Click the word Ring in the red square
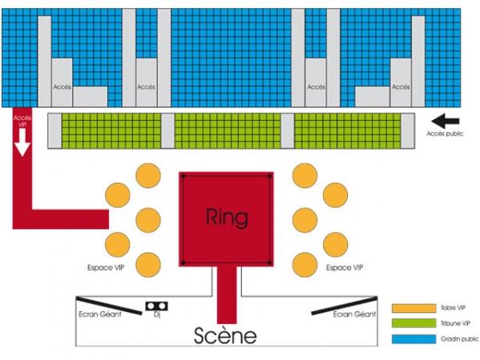point(227,218)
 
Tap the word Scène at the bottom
point(225,335)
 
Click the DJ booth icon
point(156,305)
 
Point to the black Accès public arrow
point(445,121)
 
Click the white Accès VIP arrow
point(22,142)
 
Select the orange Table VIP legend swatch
point(413,308)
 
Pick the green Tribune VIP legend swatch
point(413,323)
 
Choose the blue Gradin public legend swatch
point(413,339)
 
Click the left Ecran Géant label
point(100,314)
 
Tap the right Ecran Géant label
point(354,314)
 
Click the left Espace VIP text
point(106,268)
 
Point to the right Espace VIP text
point(345,268)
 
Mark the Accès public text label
point(445,134)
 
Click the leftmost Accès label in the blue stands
point(63,87)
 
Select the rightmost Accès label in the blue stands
point(401,87)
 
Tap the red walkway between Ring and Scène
point(227,295)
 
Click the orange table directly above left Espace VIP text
point(118,245)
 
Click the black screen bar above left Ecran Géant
point(109,305)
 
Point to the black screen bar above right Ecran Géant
point(345,305)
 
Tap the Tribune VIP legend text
point(455,323)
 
